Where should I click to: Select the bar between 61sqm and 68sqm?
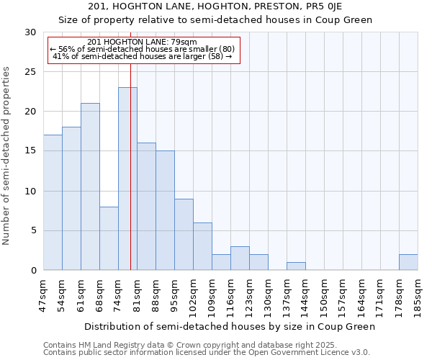pyautogui.click(x=90, y=186)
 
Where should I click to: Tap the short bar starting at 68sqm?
pyautogui.click(x=109, y=238)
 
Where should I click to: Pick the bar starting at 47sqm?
pyautogui.click(x=53, y=202)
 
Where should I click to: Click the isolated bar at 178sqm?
pyautogui.click(x=408, y=262)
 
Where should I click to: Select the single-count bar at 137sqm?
pyautogui.click(x=296, y=266)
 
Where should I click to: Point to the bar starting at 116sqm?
pyautogui.click(x=240, y=258)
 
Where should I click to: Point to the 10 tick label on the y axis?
pyautogui.click(x=30, y=192)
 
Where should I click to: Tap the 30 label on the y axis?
pyautogui.click(x=30, y=32)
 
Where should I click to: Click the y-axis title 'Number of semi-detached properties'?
pyautogui.click(x=7, y=156)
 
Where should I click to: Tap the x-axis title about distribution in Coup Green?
pyautogui.click(x=230, y=326)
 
